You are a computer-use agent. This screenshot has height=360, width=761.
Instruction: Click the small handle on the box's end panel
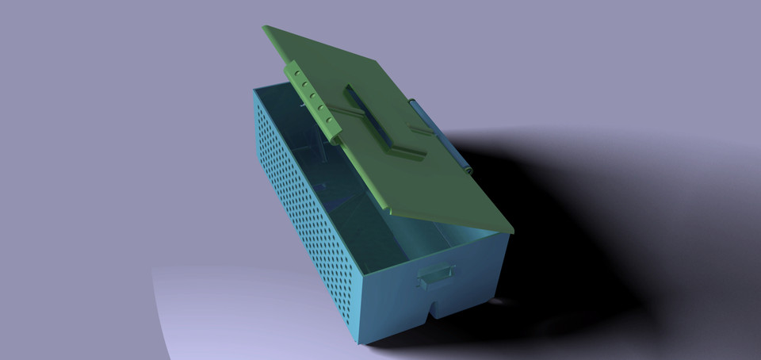point(435,275)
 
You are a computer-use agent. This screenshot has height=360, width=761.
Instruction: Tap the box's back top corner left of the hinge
point(255,91)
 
